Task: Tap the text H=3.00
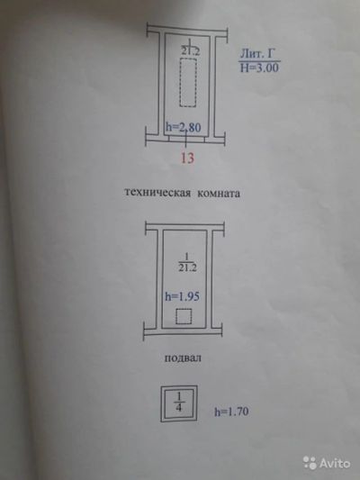[259, 68]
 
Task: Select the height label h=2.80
[184, 127]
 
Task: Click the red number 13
[187, 158]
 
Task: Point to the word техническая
[157, 193]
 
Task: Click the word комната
[219, 194]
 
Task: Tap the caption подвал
[183, 358]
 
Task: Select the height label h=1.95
[183, 296]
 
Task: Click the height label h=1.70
[231, 412]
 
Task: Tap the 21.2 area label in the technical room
[190, 51]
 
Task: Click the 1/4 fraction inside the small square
[179, 403]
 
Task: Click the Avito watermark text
[335, 463]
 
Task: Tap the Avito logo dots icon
[310, 463]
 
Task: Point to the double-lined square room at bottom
[161, 404]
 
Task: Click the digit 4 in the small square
[179, 408]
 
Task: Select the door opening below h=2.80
[186, 139]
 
